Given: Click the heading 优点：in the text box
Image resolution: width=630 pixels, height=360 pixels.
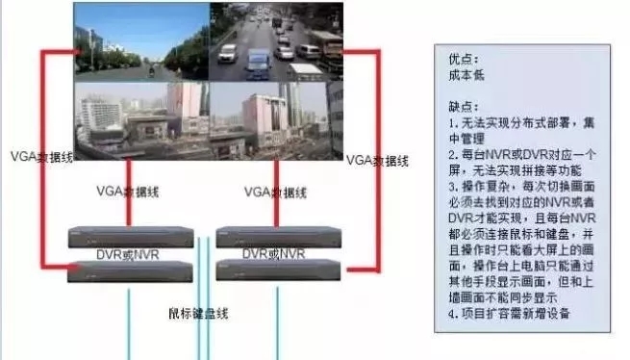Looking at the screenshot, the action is click(x=463, y=57).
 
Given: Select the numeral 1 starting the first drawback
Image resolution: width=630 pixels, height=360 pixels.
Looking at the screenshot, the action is click(x=451, y=124).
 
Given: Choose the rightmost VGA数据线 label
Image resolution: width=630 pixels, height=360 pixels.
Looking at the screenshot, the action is click(x=376, y=159).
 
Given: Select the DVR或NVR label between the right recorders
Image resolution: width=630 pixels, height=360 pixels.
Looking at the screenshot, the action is click(x=274, y=253).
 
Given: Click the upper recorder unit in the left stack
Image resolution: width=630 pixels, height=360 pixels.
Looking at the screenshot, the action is click(x=127, y=236).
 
